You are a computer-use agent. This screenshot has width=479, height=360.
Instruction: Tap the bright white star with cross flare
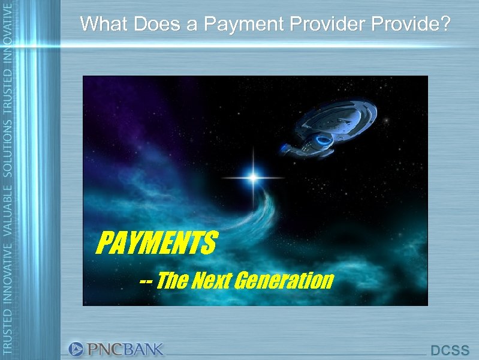click(x=253, y=177)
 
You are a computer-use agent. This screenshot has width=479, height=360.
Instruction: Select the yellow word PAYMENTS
click(x=156, y=244)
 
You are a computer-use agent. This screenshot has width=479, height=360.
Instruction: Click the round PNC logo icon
click(x=76, y=349)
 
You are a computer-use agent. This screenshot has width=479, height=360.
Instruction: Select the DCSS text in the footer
click(x=450, y=350)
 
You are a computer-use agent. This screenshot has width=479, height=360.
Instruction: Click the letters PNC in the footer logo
click(x=104, y=349)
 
